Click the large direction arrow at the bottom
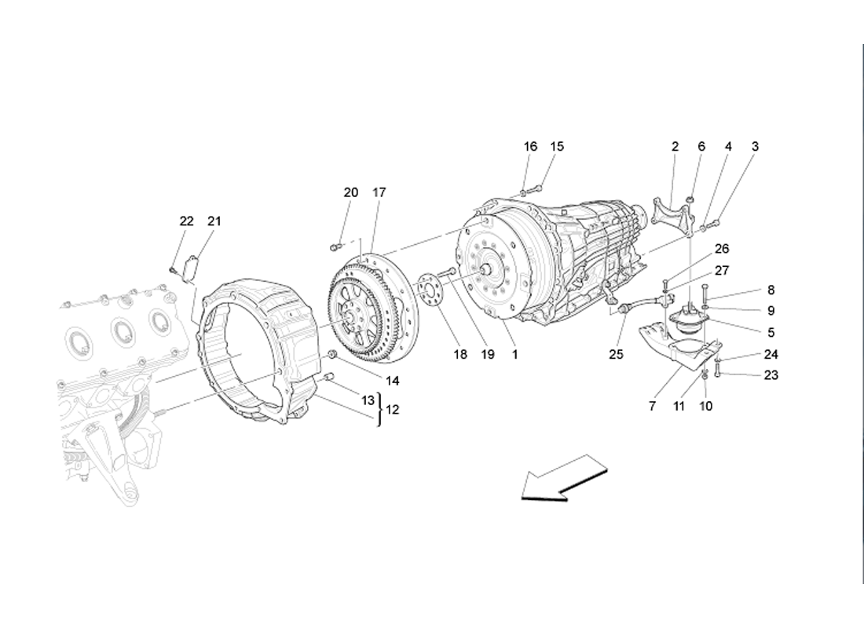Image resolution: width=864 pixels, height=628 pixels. [x=563, y=478]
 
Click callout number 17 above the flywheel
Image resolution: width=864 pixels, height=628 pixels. [x=379, y=192]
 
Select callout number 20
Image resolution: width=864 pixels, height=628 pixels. [x=351, y=192]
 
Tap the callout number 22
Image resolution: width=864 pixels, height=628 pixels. [x=187, y=221]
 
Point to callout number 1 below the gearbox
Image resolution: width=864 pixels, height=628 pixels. [x=514, y=354]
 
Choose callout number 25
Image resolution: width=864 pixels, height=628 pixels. [x=616, y=354]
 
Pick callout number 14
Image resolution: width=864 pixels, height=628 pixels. [x=392, y=381]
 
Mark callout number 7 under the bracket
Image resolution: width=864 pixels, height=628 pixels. [x=653, y=406]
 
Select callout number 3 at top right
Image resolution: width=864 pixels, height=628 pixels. [x=755, y=146]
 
